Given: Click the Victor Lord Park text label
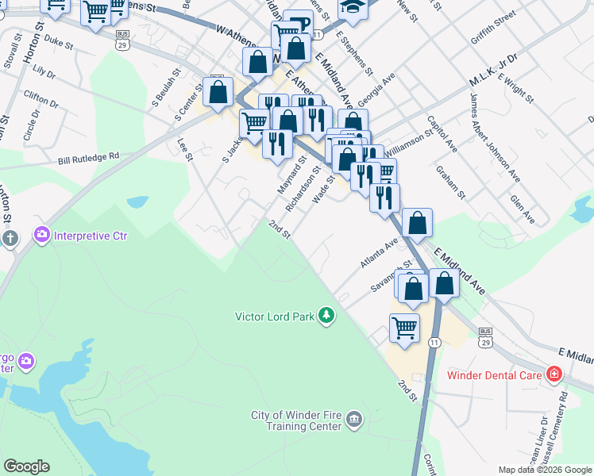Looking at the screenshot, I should coord(275,317).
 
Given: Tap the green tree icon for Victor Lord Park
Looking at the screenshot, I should coord(326,316).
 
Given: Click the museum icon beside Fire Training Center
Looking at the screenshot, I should coord(354,418).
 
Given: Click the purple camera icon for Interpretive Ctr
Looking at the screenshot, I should coord(41,235).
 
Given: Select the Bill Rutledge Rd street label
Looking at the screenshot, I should coord(88,158).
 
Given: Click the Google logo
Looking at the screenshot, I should coord(26,466).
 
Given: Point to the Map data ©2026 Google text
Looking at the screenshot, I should coord(545,470).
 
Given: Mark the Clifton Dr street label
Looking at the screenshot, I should coord(40,99).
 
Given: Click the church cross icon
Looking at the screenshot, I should coord(10,239).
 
